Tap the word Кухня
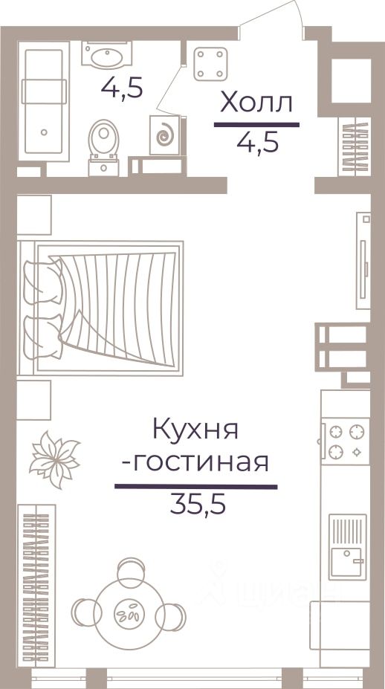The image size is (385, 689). pos(195,429)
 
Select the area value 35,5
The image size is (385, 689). pos(198,505)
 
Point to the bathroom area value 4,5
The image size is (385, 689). pos(122,88)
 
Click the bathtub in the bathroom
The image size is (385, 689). pos(44,102)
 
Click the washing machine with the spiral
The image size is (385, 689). pos(165,135)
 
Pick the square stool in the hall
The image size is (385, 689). pos(210,64)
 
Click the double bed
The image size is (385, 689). pos(100,308)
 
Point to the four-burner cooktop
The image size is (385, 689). pos(345,441)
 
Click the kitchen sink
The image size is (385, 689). pos(348,546)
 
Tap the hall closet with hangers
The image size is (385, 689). pos(355,146)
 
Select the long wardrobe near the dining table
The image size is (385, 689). pos(36,586)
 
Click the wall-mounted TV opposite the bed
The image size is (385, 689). pos(363,261)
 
